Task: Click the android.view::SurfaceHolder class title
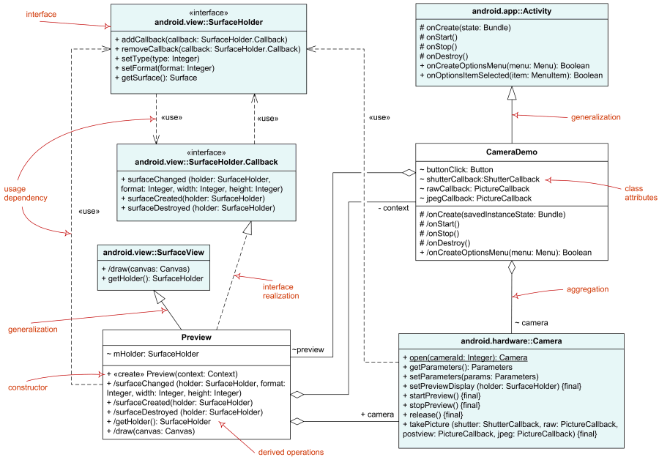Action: pyautogui.click(x=209, y=22)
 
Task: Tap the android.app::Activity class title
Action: pyautogui.click(x=511, y=12)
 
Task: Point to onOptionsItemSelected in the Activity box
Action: pyautogui.click(x=511, y=75)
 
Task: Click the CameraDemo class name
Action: pyautogui.click(x=512, y=152)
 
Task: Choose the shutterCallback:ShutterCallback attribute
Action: pyautogui.click(x=479, y=179)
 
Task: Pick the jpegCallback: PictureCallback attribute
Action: pyautogui.click(x=474, y=198)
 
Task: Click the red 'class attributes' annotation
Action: pyautogui.click(x=640, y=193)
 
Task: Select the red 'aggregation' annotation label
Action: pyautogui.click(x=587, y=289)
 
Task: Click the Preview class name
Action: pyautogui.click(x=196, y=337)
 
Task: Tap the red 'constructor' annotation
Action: pyautogui.click(x=28, y=387)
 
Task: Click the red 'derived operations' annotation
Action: pyautogui.click(x=292, y=450)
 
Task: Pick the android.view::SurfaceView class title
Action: pyautogui.click(x=153, y=252)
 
